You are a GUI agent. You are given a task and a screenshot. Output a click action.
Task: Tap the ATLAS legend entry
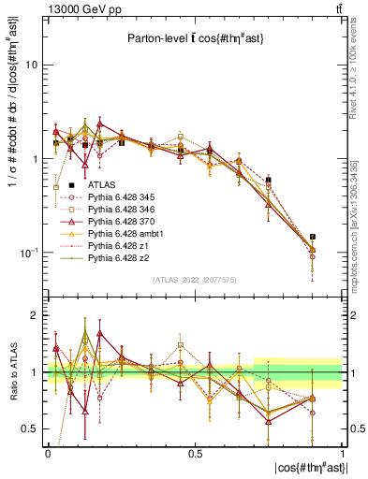pos(102,185)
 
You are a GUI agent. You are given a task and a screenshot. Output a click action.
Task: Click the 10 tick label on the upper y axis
pos(32,65)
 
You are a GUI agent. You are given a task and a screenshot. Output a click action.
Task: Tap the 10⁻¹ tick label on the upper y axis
pos(29,253)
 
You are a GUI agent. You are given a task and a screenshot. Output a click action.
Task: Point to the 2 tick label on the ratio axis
pos(35,315)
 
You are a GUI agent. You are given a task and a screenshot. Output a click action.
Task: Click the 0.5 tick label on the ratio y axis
pos(32,428)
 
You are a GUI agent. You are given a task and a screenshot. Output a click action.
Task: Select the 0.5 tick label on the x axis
pos(195,453)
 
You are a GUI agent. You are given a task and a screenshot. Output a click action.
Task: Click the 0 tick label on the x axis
pos(48,453)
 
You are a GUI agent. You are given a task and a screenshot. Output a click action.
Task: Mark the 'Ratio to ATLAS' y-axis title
pos(11,374)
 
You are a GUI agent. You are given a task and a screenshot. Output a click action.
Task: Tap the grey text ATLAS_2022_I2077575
pos(196,280)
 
